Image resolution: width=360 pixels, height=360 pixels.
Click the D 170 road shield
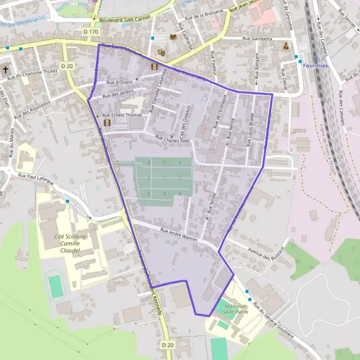pyautogui.click(x=91, y=31)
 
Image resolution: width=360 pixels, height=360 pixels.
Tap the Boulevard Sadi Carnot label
pyautogui.click(x=124, y=19)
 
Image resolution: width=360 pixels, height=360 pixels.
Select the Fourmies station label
pyautogui.click(x=316, y=65)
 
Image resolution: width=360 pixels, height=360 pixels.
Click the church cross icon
pyautogui.click(x=6, y=70)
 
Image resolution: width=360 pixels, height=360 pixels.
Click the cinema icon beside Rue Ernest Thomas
pyautogui.click(x=107, y=124)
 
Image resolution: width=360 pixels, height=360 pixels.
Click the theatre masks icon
pyautogui.click(x=161, y=53)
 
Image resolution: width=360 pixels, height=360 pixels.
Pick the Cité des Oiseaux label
pyautogui.click(x=181, y=120)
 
